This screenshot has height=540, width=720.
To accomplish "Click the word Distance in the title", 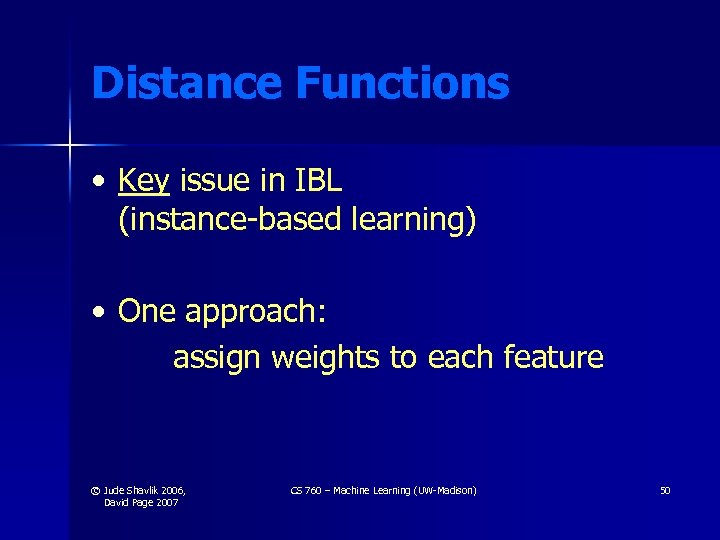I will pos(187,83).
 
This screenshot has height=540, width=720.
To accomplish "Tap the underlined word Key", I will pos(144,181).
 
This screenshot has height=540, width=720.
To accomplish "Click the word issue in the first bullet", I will pos(216,180).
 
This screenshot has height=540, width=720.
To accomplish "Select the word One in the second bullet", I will pos(146,312).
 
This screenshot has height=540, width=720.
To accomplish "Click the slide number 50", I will pos(665,490).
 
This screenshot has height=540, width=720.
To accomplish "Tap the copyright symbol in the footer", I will pos(95,491).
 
